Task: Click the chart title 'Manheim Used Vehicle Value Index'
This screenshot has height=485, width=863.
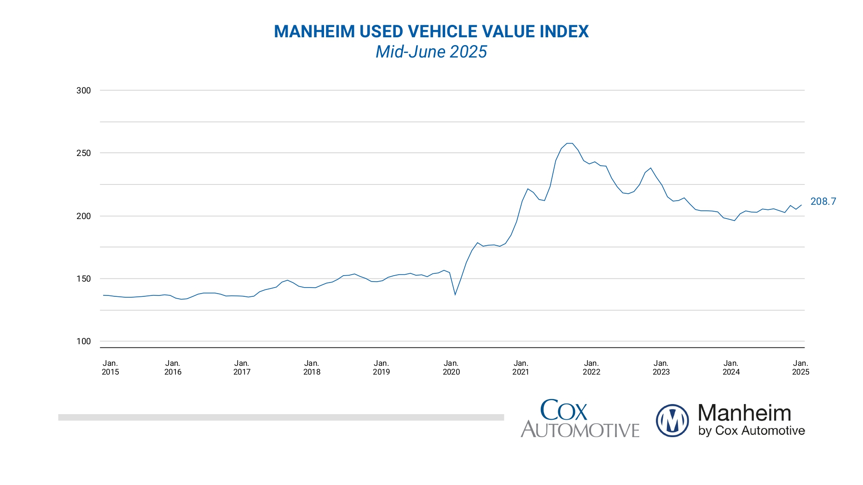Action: point(431,32)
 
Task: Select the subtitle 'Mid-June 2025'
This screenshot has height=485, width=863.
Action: point(431,52)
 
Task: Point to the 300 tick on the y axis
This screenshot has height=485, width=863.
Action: point(84,91)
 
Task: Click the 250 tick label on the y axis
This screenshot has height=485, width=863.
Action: point(84,153)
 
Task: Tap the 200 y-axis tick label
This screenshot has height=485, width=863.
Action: point(84,216)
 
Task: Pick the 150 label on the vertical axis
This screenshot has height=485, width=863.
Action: point(84,279)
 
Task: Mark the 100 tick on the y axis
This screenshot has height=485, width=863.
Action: point(84,341)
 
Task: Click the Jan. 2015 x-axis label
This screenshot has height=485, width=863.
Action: point(110,368)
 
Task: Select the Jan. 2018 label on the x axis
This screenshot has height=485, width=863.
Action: point(312,368)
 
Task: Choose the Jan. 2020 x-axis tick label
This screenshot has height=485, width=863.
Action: point(451,368)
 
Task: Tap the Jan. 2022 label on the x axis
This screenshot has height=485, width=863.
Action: point(591,368)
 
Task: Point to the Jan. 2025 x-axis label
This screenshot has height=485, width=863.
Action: point(800,368)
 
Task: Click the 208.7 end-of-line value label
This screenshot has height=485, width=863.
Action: point(823,202)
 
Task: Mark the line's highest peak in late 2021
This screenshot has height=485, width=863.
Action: point(569,144)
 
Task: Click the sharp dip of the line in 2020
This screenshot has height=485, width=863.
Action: point(455,294)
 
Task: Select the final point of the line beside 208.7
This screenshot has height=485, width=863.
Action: point(801,205)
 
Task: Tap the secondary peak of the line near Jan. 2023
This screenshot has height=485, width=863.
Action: point(650,168)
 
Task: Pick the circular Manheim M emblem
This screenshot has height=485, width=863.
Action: point(672,421)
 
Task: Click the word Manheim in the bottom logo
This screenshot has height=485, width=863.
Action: point(744,413)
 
